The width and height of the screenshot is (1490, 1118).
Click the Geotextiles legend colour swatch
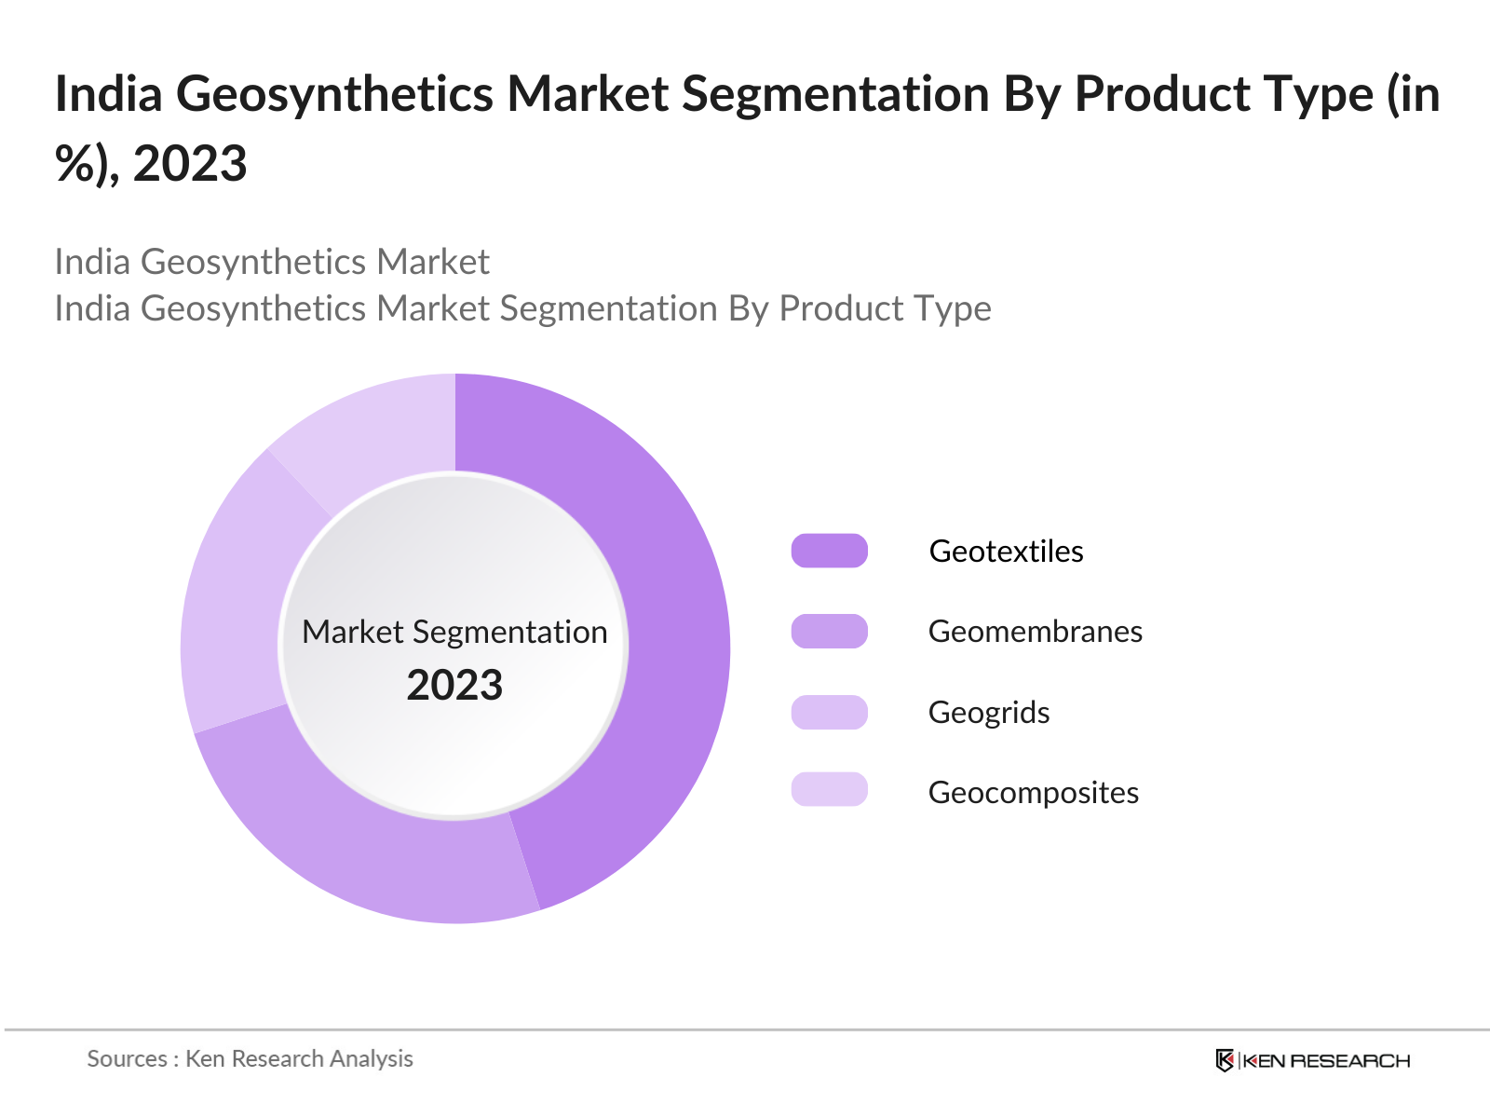[x=829, y=551]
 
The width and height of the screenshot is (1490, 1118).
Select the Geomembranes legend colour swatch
[x=829, y=631]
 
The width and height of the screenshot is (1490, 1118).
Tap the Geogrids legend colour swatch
[x=829, y=712]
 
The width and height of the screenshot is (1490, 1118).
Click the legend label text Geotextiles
[x=1006, y=552]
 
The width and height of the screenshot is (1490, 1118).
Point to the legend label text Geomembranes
[x=1035, y=632]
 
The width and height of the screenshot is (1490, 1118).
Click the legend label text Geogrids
[x=989, y=713]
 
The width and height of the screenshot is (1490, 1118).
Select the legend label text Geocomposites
[x=1033, y=793]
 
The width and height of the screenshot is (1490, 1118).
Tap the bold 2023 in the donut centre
[x=454, y=686]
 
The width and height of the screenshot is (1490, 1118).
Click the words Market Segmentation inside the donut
[x=454, y=633]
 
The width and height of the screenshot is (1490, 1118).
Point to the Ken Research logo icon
[x=1225, y=1060]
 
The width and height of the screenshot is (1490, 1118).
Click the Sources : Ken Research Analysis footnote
[x=250, y=1059]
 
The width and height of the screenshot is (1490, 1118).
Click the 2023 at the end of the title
[x=190, y=164]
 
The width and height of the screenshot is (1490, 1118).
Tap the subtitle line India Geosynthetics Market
[x=271, y=262]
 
